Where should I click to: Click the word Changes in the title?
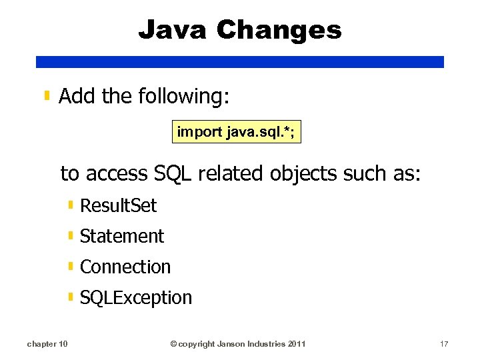tap(279, 30)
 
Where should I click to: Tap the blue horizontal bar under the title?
tap(239, 62)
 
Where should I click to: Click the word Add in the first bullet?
tap(77, 97)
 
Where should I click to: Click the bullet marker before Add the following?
tap(47, 97)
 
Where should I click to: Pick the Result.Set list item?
tap(118, 205)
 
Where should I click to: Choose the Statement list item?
tap(121, 236)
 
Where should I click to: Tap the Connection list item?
tap(125, 267)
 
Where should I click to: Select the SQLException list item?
tap(135, 297)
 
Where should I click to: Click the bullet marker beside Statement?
tap(71, 235)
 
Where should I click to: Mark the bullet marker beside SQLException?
tap(71, 297)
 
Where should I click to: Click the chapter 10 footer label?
tap(47, 344)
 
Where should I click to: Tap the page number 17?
tap(444, 344)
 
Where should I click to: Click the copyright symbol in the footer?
tap(173, 344)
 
